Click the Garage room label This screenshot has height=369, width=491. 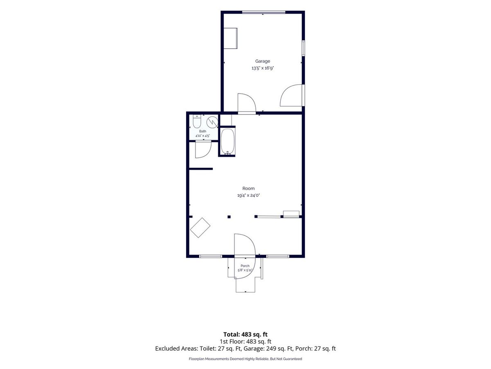point(262,61)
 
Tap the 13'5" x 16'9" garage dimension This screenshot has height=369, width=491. point(263,68)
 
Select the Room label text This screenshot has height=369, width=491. point(248,189)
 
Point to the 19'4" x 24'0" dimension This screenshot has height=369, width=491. point(248,196)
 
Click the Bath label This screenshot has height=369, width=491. point(203,131)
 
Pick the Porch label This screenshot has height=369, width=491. point(245,266)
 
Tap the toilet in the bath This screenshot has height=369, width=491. point(197,121)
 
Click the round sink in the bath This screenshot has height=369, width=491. point(212,122)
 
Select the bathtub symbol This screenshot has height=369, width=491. point(228,141)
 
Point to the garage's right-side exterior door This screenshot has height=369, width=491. point(291,95)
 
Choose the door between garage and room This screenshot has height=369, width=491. point(246,104)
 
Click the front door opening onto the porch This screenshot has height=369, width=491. point(245,256)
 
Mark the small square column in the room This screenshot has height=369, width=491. point(229,216)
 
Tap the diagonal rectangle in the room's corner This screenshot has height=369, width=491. point(200,228)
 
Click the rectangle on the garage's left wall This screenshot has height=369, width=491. point(230,38)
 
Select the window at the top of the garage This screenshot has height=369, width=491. point(264,12)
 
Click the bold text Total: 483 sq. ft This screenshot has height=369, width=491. point(245,335)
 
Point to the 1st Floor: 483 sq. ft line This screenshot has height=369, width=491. point(245,342)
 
